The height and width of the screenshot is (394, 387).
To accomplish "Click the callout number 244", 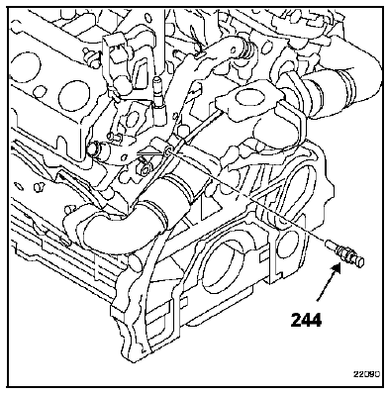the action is pos(306,320).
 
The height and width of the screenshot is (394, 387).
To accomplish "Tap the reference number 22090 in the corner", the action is pos(365,374).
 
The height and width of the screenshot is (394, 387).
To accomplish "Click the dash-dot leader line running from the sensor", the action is pos(245,196).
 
